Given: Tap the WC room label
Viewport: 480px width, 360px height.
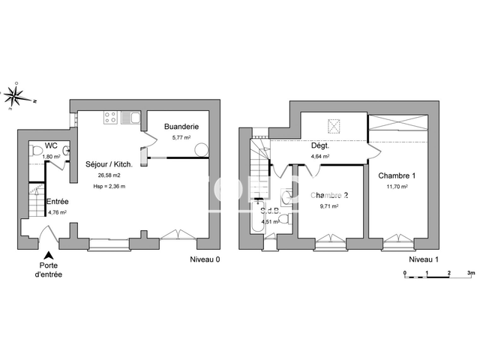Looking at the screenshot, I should (51, 145).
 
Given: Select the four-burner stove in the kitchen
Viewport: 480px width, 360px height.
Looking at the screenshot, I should (109, 118).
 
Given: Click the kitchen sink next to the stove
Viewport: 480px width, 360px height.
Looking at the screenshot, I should (128, 118).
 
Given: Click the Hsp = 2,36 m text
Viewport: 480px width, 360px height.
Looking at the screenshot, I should (109, 186).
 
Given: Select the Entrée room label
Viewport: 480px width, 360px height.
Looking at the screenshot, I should (58, 201).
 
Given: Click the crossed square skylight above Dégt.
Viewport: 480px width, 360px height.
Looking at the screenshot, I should (333, 124).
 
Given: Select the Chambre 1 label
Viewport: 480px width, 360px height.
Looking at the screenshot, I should (397, 175).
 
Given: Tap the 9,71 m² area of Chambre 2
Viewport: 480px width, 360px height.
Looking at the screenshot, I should (329, 206).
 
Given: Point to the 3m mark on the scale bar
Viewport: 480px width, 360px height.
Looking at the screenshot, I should (470, 273).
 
